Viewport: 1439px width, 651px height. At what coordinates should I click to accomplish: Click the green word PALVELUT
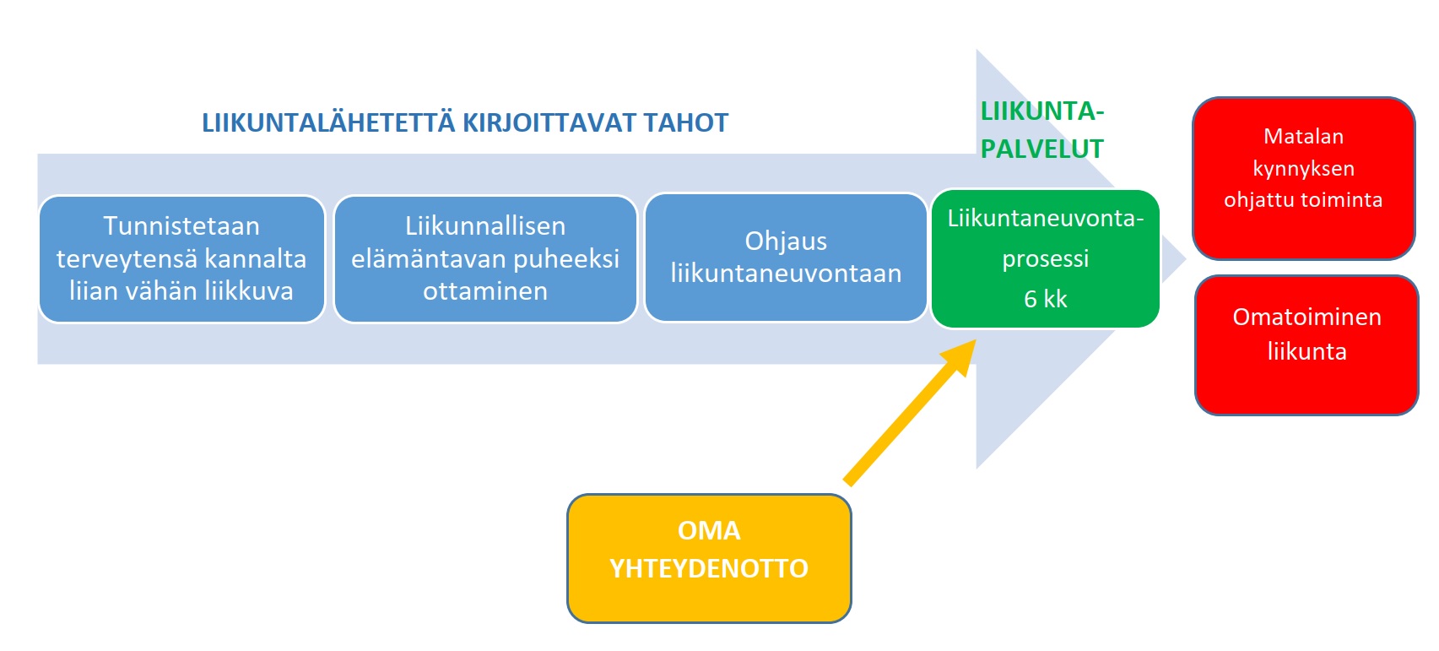coord(1042,149)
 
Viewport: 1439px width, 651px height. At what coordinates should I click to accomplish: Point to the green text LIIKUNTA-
coord(1042,111)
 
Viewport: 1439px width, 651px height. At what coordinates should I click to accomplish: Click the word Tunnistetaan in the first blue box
coord(181,225)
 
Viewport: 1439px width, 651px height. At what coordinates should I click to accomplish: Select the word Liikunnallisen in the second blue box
coord(485,225)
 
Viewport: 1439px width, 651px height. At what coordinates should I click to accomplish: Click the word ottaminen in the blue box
coord(485,291)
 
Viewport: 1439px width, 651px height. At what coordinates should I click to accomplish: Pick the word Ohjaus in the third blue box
coord(786,241)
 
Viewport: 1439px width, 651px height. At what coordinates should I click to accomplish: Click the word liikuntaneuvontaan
coord(786,274)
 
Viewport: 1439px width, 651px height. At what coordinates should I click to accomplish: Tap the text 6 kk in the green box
coord(1045,299)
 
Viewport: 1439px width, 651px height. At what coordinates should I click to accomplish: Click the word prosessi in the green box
coord(1045,259)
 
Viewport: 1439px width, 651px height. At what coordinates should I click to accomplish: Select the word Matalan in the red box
coord(1303,136)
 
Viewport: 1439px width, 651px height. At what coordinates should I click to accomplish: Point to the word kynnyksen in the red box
coord(1303,168)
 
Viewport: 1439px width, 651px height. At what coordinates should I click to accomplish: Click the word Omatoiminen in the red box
coord(1306,317)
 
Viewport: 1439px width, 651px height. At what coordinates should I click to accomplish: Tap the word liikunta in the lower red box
coord(1306,351)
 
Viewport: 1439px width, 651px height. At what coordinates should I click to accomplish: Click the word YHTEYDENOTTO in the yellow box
coord(709,568)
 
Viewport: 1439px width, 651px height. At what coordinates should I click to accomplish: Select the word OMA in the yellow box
coord(709,531)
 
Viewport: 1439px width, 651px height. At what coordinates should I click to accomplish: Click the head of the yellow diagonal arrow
coord(975,340)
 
